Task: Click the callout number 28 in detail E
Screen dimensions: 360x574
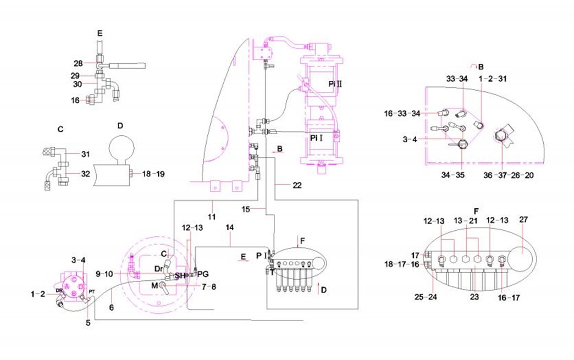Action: point(78,63)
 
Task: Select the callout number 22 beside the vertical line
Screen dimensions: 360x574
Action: point(297,185)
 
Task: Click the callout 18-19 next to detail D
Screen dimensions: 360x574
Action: point(153,174)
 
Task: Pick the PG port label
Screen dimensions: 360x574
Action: point(203,273)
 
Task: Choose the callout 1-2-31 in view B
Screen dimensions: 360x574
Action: point(493,79)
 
